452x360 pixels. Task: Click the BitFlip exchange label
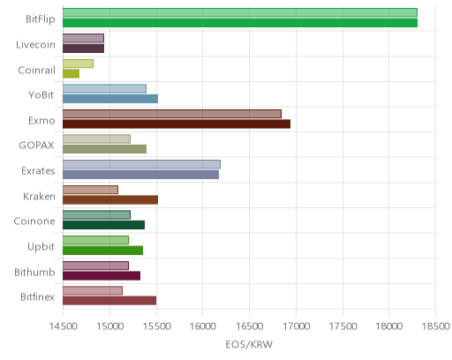pos(41,19)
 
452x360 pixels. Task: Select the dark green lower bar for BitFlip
pos(240,23)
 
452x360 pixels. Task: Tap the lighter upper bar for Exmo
pos(172,114)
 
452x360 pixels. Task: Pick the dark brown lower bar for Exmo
pos(177,124)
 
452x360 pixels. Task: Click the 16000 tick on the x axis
pos(203,326)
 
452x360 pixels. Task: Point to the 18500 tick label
pos(436,326)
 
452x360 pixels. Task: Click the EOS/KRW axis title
pos(249,344)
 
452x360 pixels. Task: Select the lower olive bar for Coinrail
pos(72,73)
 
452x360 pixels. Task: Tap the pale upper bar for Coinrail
pos(79,64)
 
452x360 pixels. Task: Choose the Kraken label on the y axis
pos(39,196)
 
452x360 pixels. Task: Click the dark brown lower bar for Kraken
pos(110,200)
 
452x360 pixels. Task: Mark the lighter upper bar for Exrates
pos(141,164)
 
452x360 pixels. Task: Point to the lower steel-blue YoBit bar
pos(110,99)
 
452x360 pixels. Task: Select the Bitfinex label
pos(37,297)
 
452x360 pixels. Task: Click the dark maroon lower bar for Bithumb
pos(102,276)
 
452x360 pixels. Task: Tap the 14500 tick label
pos(63,326)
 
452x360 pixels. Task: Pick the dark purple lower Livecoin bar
pos(84,49)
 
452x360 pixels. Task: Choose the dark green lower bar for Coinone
pos(104,225)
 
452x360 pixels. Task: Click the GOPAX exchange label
pos(37,146)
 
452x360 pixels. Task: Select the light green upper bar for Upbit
pos(96,240)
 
